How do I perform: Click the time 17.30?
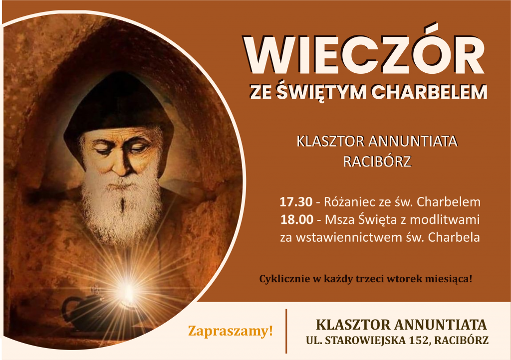[296, 202]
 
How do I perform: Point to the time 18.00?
[296, 220]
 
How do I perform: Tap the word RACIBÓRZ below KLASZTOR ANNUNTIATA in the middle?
[377, 162]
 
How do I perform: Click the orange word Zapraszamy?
[231, 332]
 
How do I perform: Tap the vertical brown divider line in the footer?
[286, 331]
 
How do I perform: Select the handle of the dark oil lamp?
[68, 309]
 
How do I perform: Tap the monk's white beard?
[121, 208]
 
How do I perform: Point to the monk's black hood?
[118, 104]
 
